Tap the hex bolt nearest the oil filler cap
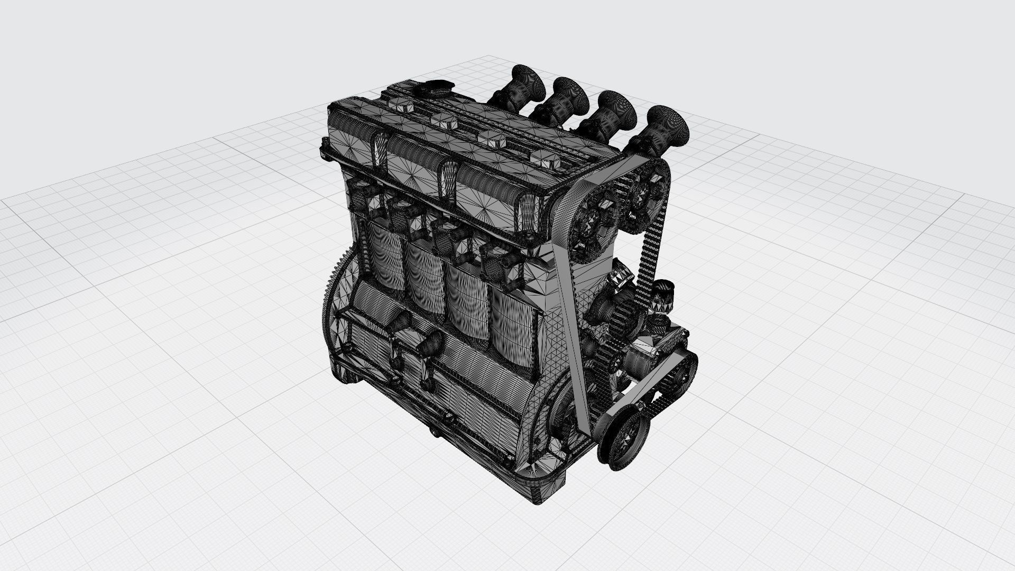coord(402,105)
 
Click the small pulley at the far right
coord(680,372)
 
